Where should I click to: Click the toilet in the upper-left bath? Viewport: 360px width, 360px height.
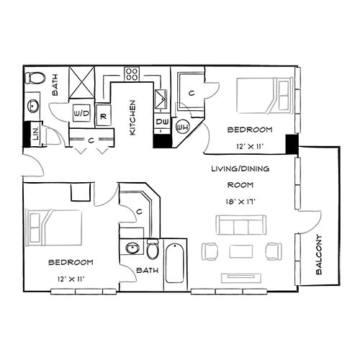[32, 76]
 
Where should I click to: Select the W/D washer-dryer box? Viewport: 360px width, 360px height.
[81, 114]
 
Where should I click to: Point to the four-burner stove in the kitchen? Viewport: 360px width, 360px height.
[132, 73]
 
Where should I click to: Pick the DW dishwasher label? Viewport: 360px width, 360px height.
[161, 123]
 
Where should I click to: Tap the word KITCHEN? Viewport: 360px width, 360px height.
[133, 118]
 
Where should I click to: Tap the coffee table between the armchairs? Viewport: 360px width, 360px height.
[240, 251]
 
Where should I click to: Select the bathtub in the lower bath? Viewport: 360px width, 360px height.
[176, 265]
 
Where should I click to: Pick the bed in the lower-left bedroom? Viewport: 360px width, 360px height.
[52, 228]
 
